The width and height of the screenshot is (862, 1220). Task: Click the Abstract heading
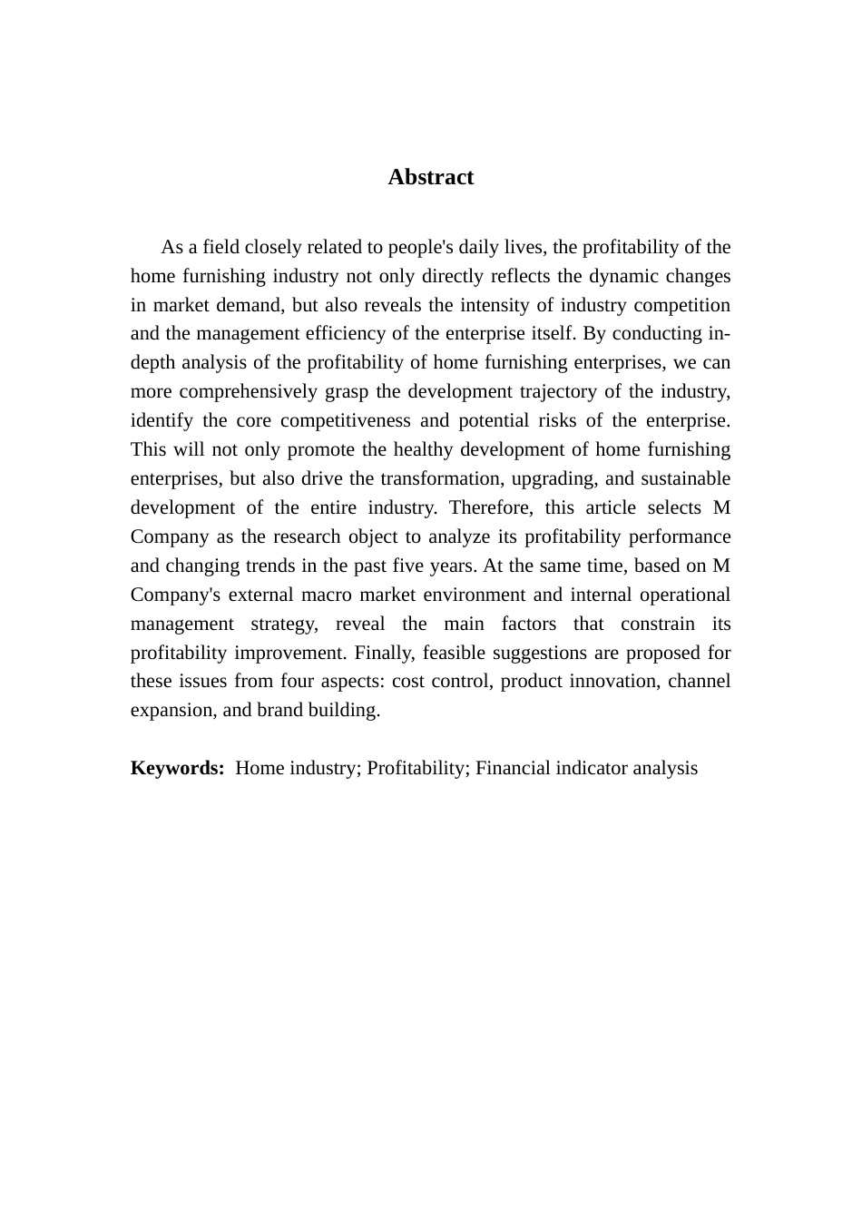coord(430,177)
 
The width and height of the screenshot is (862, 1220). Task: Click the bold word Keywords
coord(177,768)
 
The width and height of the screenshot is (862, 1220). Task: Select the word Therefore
coord(486,507)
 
